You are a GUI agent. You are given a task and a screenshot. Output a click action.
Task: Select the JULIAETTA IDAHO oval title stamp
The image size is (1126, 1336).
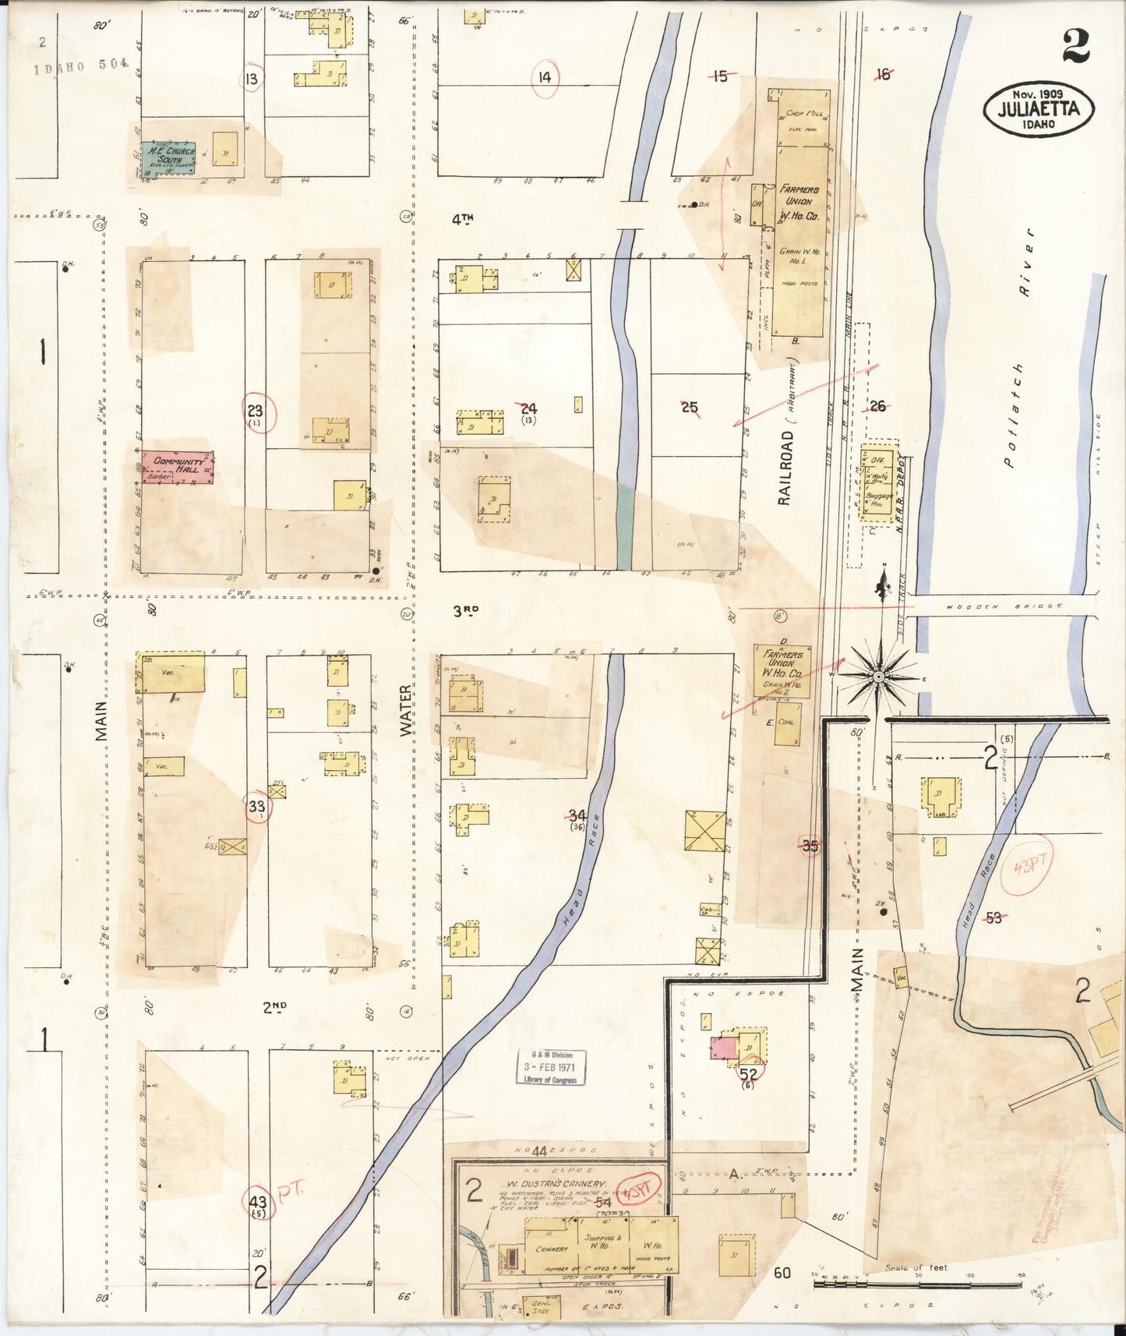click(1039, 109)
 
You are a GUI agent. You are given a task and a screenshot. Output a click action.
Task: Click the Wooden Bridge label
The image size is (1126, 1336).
click(1004, 606)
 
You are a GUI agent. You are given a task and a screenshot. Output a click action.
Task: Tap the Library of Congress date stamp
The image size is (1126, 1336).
click(552, 1066)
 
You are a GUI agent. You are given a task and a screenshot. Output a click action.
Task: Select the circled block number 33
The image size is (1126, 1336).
click(257, 807)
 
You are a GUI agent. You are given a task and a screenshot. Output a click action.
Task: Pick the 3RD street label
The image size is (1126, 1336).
click(465, 612)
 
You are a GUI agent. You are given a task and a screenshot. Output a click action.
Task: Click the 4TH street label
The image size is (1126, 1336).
click(462, 220)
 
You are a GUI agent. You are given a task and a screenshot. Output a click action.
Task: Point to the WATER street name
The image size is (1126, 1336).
click(405, 711)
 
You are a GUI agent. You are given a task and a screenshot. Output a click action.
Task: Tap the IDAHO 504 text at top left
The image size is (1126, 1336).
click(81, 65)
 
